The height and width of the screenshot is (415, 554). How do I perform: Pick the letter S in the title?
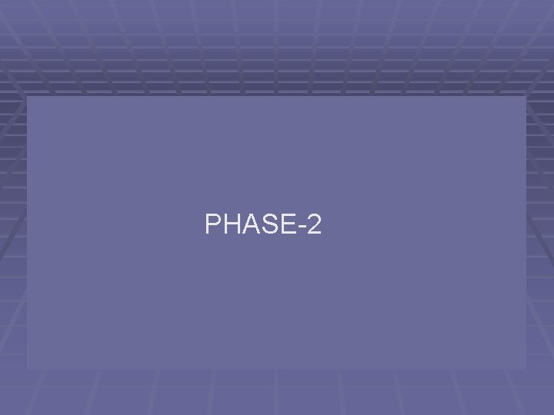click(x=269, y=224)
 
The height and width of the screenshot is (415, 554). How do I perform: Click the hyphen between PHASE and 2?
click(x=301, y=227)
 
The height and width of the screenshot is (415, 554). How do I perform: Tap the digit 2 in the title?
click(x=313, y=224)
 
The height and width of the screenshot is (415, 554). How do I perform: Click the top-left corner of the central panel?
click(x=28, y=97)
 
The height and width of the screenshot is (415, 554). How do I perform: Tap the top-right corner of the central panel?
click(x=526, y=97)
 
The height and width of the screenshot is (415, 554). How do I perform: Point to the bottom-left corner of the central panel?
click(x=28, y=369)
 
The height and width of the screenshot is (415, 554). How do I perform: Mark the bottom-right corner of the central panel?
click(x=526, y=369)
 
